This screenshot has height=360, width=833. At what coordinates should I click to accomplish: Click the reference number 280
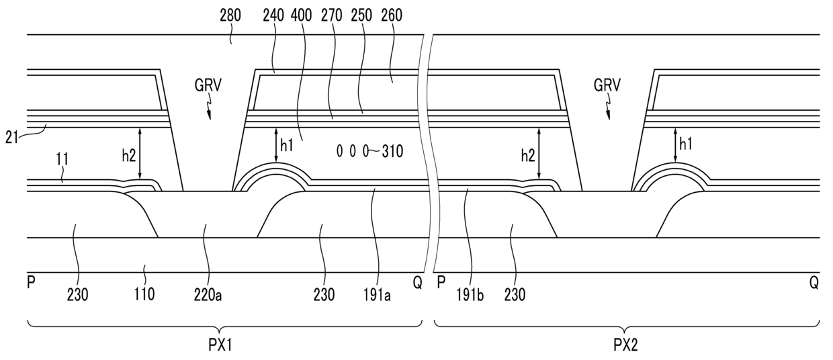pyautogui.click(x=230, y=15)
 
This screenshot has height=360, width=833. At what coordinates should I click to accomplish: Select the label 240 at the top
pyautogui.click(x=273, y=15)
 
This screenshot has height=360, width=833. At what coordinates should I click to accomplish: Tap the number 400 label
pyautogui.click(x=301, y=15)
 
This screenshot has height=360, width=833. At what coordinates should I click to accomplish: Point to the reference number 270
pyautogui.click(x=331, y=15)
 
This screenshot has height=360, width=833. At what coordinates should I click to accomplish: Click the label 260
pyautogui.click(x=361, y=15)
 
